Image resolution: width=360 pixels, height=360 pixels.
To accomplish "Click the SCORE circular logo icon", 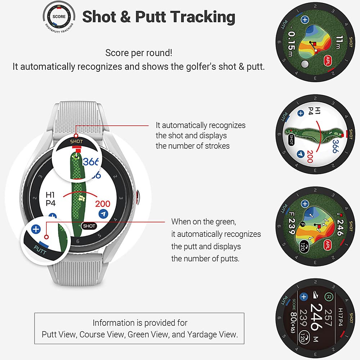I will [x=59, y=17].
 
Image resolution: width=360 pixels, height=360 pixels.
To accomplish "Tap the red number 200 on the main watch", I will [x=103, y=204].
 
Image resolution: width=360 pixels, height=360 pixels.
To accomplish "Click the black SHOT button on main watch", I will [x=89, y=226].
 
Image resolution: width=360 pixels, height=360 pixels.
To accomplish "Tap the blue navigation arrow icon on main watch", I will [x=104, y=214].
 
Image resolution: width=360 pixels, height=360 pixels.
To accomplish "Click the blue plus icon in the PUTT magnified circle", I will [x=35, y=229].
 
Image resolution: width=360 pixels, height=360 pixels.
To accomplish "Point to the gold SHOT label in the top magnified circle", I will [x=76, y=141].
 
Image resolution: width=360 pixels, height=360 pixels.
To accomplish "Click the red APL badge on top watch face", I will [x=328, y=59].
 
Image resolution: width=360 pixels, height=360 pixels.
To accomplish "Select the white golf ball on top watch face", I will [x=305, y=64].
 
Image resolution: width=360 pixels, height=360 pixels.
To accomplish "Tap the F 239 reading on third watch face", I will [x=292, y=226].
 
